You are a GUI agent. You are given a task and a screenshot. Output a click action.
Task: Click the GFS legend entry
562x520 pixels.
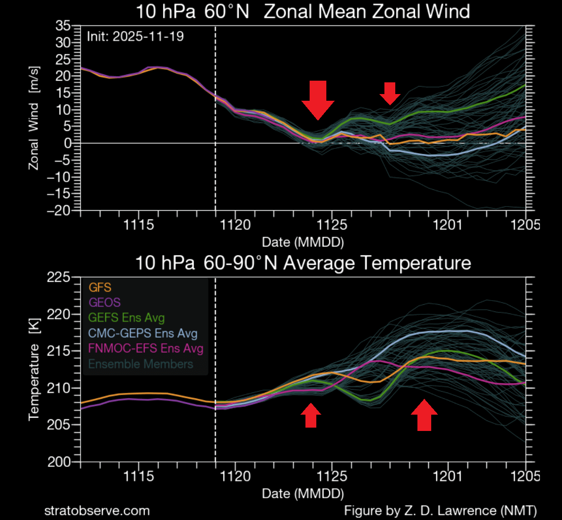point(100,288)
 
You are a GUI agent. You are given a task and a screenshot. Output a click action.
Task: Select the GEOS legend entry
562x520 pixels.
point(104,303)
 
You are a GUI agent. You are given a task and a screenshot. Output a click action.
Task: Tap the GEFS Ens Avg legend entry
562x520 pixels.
point(126,318)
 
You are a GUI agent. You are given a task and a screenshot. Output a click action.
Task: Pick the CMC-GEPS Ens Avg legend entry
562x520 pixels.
point(142,333)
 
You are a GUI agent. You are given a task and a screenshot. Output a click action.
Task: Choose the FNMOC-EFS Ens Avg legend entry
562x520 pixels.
point(145,349)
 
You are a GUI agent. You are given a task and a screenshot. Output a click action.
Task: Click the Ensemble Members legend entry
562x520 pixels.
point(140,364)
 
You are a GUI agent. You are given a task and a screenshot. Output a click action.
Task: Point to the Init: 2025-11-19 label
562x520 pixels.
point(135,36)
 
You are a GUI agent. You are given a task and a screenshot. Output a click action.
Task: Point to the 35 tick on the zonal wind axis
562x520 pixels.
point(63,26)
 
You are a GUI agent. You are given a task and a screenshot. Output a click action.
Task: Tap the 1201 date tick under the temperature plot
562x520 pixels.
point(448,476)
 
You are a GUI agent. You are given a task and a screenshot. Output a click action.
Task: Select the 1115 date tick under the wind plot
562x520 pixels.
point(139,225)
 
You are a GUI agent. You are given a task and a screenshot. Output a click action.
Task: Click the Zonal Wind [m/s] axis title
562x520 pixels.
point(34,118)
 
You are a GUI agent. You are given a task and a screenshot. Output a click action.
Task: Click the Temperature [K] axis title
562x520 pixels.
point(34,370)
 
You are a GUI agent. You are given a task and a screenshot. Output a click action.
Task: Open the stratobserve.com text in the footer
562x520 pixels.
point(97,510)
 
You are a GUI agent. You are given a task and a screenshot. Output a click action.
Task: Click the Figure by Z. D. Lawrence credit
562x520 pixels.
point(440,510)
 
